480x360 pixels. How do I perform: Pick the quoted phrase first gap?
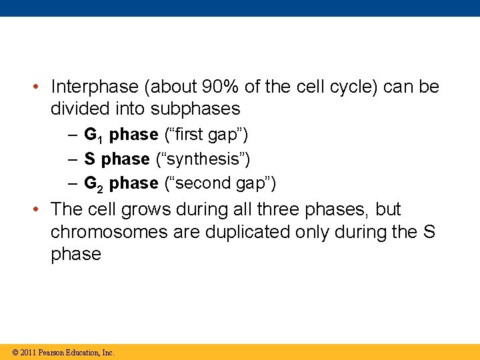(206, 135)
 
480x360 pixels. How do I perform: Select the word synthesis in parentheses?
(203, 159)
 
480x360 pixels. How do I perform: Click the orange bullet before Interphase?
(39, 87)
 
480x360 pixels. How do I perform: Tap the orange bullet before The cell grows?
(39, 209)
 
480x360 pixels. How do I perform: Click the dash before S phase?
(73, 159)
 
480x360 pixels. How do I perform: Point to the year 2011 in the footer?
(29, 352)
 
